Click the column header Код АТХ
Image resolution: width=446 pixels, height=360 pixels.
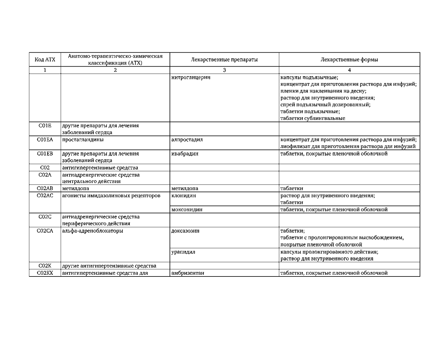point(45,59)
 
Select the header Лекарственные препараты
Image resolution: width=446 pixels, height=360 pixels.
point(224,59)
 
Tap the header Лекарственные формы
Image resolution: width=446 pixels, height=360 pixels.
point(349,59)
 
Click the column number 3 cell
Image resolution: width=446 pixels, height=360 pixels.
point(224,70)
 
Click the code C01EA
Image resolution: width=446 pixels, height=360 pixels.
point(45,139)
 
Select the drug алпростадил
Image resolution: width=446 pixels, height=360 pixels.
point(187,139)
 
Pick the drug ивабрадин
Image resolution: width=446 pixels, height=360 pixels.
point(185,154)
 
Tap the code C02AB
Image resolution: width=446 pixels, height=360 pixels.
point(45,188)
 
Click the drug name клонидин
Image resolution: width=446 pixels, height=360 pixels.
point(184,196)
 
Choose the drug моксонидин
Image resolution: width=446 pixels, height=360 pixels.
point(187,210)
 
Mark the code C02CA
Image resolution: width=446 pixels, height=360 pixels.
point(45,231)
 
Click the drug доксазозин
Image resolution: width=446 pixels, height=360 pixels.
point(185,231)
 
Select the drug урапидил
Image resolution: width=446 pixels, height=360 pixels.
point(183,252)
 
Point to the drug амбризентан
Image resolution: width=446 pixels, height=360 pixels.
point(188,273)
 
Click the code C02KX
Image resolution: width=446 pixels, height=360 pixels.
point(45,273)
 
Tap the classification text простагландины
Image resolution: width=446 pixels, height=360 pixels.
point(83,139)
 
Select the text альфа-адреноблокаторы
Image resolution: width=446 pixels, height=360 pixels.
point(93,231)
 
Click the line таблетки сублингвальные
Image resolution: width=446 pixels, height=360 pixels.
point(313,118)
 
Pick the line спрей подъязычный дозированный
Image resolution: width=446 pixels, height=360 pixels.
point(325,105)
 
